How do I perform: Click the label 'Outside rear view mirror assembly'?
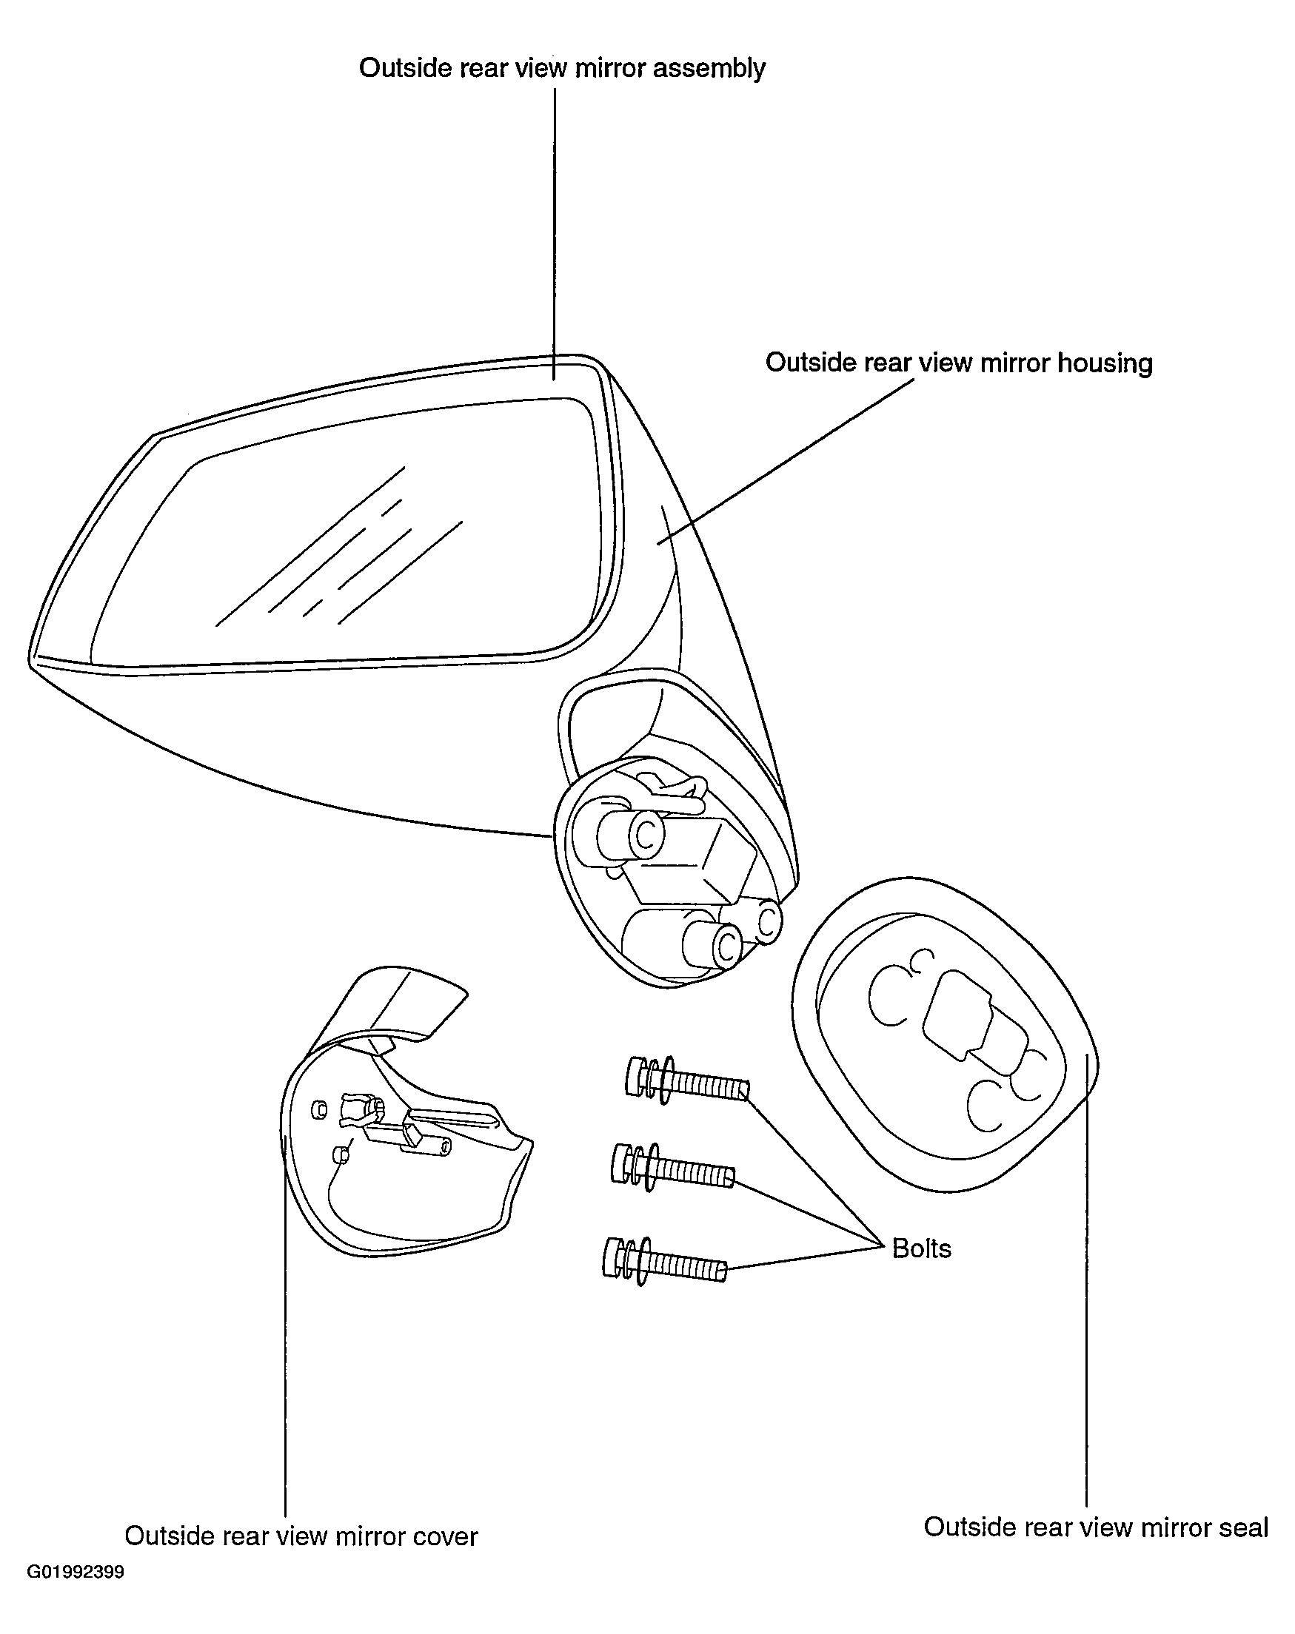point(562,68)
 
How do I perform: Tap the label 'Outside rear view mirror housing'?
point(959,363)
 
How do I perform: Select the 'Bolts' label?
point(921,1248)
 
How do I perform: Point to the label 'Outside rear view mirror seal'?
point(1096,1527)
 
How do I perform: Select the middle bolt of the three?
point(672,1168)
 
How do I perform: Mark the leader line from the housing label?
point(786,461)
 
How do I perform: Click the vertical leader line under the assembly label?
point(555,234)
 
